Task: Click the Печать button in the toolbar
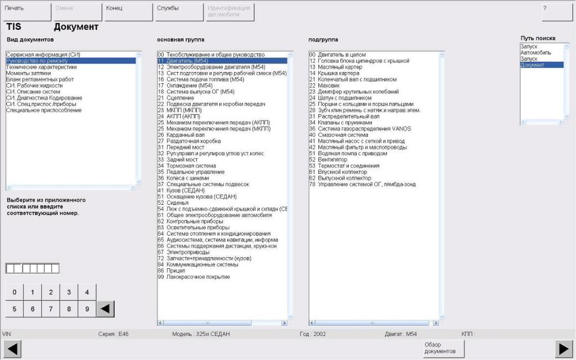[26, 12]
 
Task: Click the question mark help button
[556, 12]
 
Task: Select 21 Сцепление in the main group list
[181, 98]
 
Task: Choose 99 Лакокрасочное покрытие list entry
[193, 277]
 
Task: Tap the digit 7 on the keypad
[51, 309]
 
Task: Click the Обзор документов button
[444, 348]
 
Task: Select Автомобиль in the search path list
[535, 52]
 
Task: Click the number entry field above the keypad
[32, 268]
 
